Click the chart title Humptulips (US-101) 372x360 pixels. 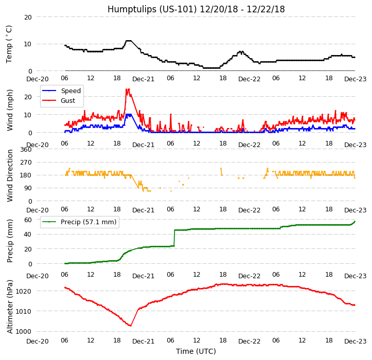(x=196, y=9)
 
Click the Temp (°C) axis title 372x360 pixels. (x=10, y=44)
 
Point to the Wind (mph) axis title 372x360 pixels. (x=10, y=110)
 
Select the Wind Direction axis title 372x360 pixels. (x=10, y=175)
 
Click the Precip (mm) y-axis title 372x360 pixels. (x=10, y=240)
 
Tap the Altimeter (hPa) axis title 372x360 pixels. (x=10, y=306)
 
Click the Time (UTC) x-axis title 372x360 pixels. (x=196, y=351)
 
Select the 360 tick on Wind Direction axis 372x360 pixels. (x=26, y=149)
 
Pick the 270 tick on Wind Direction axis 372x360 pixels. (x=26, y=162)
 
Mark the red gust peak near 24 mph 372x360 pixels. (x=127, y=89)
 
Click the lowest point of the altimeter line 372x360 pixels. (x=130, y=326)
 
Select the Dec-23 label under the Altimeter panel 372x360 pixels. (x=356, y=341)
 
